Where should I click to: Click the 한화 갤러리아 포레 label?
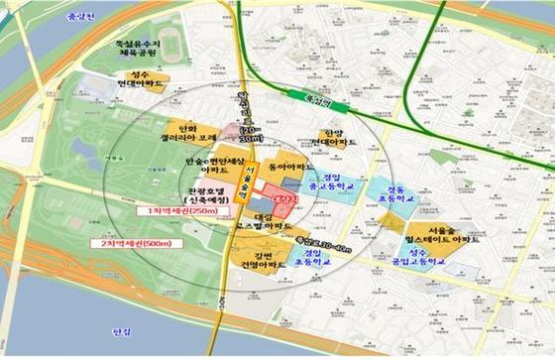tap(194, 131)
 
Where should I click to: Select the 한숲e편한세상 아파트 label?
tap(212, 165)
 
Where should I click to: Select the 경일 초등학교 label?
tap(316, 259)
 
